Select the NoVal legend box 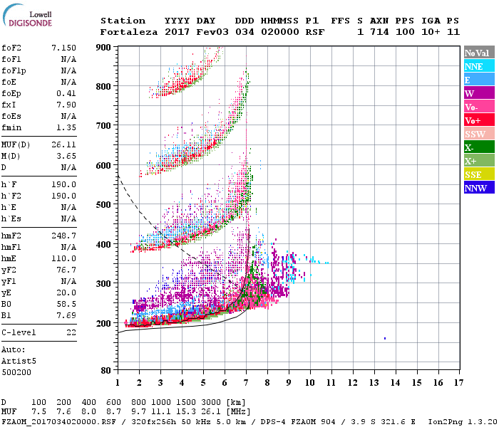[x=478, y=53]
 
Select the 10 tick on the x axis [x=310, y=383]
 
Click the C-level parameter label [x=19, y=332]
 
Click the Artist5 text [x=19, y=361]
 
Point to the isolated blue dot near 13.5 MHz [x=385, y=338]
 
